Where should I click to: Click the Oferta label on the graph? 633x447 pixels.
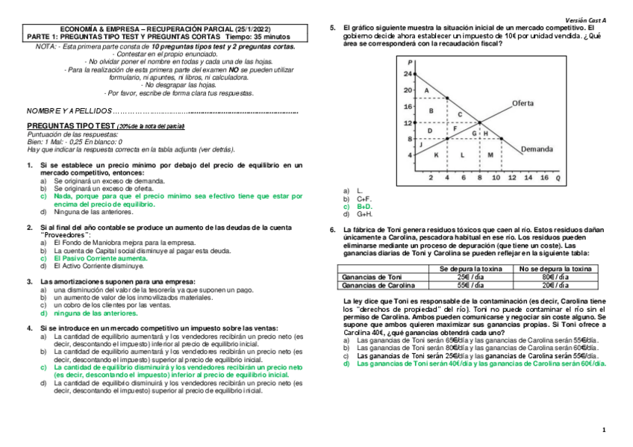528,102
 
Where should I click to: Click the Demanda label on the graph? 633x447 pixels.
537,148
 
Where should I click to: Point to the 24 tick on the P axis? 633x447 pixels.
407,75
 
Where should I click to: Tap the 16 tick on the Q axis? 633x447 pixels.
543,178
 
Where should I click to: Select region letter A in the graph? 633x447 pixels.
426,90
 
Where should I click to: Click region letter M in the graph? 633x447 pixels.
490,154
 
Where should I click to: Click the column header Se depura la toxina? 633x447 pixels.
468,269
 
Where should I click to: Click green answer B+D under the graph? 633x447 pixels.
364,207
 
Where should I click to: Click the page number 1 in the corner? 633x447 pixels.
604,431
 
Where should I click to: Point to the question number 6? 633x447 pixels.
333,230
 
